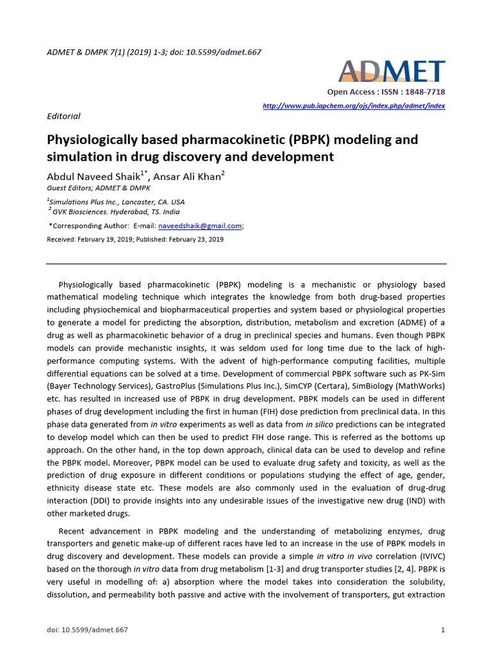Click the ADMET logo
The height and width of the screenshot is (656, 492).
pos(391,71)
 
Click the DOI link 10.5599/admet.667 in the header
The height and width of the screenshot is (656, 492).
pos(224,52)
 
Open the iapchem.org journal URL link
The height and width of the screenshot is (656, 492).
pos(354,106)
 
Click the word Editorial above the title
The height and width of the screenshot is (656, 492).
pos(64,116)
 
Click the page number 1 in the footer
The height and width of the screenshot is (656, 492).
pos(443,630)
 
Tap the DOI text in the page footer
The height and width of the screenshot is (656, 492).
pos(87,630)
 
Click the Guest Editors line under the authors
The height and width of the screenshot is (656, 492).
pos(99,188)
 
